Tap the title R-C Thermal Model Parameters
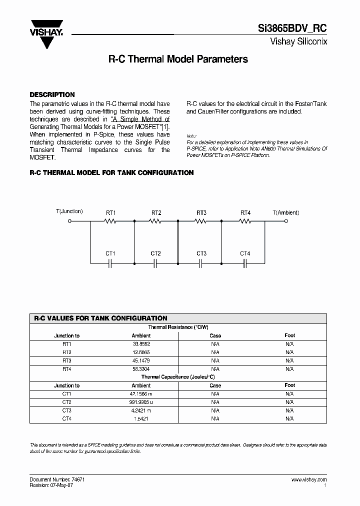[x=178, y=59]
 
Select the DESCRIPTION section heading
[x=52, y=94]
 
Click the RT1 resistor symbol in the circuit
[x=111, y=220]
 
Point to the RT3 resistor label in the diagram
[x=201, y=212]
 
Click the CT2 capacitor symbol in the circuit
[x=155, y=262]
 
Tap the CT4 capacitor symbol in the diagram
[x=245, y=262]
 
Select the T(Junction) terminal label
[x=69, y=211]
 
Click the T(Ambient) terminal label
[x=286, y=212]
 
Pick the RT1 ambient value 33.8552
[x=141, y=344]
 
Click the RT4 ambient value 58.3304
[x=141, y=369]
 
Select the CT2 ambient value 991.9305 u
[x=141, y=402]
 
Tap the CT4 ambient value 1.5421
[x=141, y=418]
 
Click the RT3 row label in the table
[x=67, y=360]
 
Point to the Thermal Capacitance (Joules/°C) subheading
[x=178, y=377]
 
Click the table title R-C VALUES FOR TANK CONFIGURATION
[x=100, y=318]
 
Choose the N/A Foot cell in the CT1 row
[x=289, y=394]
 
